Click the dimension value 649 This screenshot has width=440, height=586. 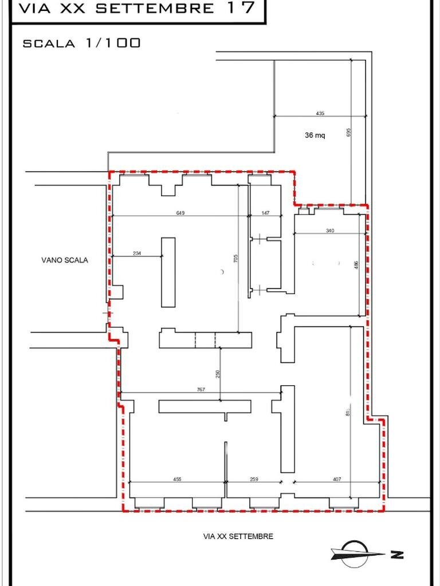click(x=180, y=213)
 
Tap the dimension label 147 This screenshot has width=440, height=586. click(x=265, y=213)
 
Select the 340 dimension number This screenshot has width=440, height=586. click(x=329, y=231)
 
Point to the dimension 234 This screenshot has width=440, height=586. click(x=137, y=253)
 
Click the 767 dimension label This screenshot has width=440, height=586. click(x=201, y=390)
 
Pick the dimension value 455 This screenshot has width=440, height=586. click(x=177, y=479)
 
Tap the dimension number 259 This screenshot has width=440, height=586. click(x=254, y=479)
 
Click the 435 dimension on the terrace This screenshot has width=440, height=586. click(x=320, y=113)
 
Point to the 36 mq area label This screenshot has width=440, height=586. click(x=315, y=136)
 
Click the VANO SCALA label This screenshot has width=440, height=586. click(x=65, y=260)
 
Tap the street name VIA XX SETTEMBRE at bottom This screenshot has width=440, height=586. click(x=238, y=536)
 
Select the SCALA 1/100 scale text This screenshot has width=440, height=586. click(x=81, y=43)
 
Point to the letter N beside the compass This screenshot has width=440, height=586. click(x=397, y=554)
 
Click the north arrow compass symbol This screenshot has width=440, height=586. click(x=356, y=553)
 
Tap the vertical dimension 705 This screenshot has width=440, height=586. click(x=235, y=259)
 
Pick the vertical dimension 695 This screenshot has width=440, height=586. click(x=348, y=132)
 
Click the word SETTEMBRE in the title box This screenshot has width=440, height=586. click(x=155, y=9)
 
